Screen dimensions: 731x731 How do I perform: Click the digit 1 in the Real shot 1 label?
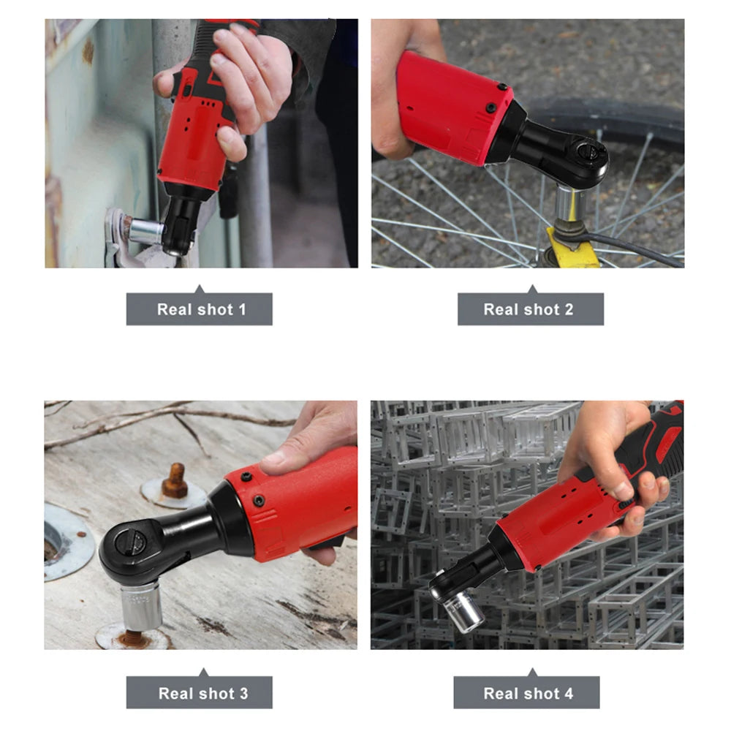[243, 309]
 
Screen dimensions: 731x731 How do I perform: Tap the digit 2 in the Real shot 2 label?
[569, 309]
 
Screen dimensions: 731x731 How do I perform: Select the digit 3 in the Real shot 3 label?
[244, 693]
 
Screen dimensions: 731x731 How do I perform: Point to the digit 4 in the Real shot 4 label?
[569, 693]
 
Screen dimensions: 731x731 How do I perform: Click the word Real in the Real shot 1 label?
[175, 309]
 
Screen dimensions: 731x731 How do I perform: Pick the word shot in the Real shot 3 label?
[216, 693]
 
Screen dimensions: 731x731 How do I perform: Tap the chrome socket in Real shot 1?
[145, 231]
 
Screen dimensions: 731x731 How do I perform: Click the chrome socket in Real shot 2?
[569, 203]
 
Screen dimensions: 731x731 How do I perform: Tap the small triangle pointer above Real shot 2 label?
[532, 289]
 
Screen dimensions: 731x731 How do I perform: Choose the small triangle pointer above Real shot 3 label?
[203, 673]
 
